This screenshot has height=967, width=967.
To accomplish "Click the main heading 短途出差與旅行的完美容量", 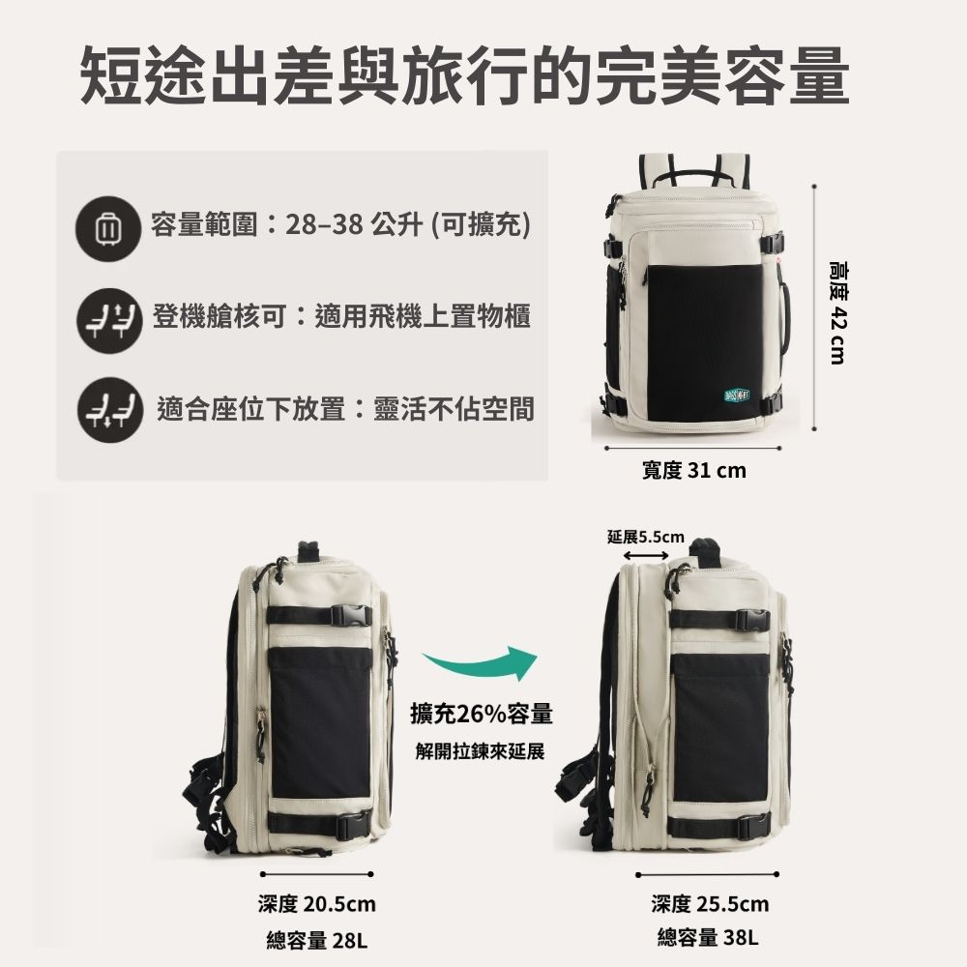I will [464, 74].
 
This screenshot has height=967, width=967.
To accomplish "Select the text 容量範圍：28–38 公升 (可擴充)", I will [340, 226].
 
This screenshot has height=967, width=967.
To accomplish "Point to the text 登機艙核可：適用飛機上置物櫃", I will [341, 315].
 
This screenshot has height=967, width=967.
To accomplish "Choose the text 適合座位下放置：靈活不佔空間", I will [345, 409].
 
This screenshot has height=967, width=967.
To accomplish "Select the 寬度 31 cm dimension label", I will [694, 471].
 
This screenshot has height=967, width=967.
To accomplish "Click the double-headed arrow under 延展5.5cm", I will [647, 555].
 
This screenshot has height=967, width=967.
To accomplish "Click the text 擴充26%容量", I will [481, 715].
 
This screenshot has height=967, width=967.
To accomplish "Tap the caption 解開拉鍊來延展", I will [481, 751].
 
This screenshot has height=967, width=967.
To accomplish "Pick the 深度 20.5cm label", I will [316, 905].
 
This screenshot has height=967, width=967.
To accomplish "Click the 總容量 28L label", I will [317, 939].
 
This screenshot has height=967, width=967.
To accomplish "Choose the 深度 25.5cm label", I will [710, 905].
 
